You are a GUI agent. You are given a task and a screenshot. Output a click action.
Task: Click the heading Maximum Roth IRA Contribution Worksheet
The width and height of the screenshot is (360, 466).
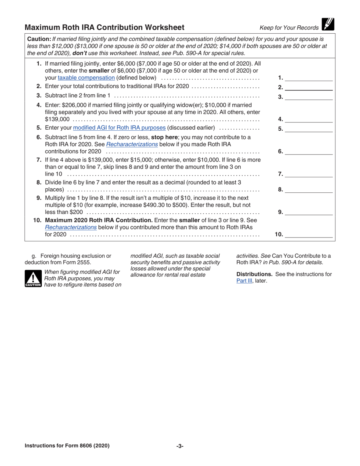coord(105,27)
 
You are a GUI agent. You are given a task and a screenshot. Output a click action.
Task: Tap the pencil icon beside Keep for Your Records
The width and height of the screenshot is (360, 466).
coord(327,24)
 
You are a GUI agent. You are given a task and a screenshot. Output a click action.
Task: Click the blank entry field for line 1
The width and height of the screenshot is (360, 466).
coord(308,78)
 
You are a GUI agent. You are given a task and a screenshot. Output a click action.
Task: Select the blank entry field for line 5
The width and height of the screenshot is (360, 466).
coord(308,129)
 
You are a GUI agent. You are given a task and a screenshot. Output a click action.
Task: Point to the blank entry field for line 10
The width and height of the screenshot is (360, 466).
coord(308,235)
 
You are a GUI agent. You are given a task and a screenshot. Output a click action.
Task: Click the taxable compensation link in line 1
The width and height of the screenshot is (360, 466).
coord(91,78)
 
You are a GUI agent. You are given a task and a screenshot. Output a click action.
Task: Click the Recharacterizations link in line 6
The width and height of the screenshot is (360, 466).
coord(132,144)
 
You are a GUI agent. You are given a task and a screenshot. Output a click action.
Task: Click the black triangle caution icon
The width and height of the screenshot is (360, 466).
coord(33,278)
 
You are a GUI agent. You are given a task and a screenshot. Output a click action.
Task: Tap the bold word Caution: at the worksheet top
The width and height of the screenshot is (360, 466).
coord(39,39)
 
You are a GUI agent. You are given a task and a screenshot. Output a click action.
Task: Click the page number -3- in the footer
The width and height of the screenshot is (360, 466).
coord(180,446)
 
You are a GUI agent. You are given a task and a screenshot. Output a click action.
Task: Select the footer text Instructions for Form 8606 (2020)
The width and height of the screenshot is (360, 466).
coord(67,446)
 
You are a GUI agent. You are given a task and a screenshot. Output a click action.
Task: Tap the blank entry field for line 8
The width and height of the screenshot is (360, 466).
coord(308,190)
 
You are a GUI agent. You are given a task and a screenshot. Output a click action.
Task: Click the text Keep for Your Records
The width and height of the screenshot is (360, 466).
coord(289,28)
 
